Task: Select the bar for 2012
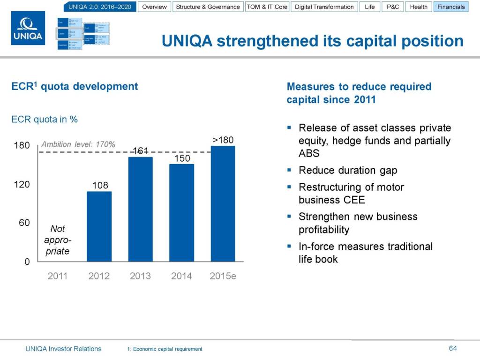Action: (99, 226)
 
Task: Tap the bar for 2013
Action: (140, 209)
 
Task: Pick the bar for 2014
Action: (181, 212)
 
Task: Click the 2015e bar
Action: (223, 203)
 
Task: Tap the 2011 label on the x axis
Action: (58, 276)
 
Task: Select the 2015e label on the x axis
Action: (223, 276)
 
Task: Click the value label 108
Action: (100, 185)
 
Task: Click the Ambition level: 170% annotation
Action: (78, 144)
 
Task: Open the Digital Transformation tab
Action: (324, 7)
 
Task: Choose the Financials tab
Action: (451, 7)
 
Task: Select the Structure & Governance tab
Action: (208, 7)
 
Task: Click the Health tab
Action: (419, 7)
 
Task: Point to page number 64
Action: (452, 348)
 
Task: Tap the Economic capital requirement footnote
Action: (165, 349)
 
